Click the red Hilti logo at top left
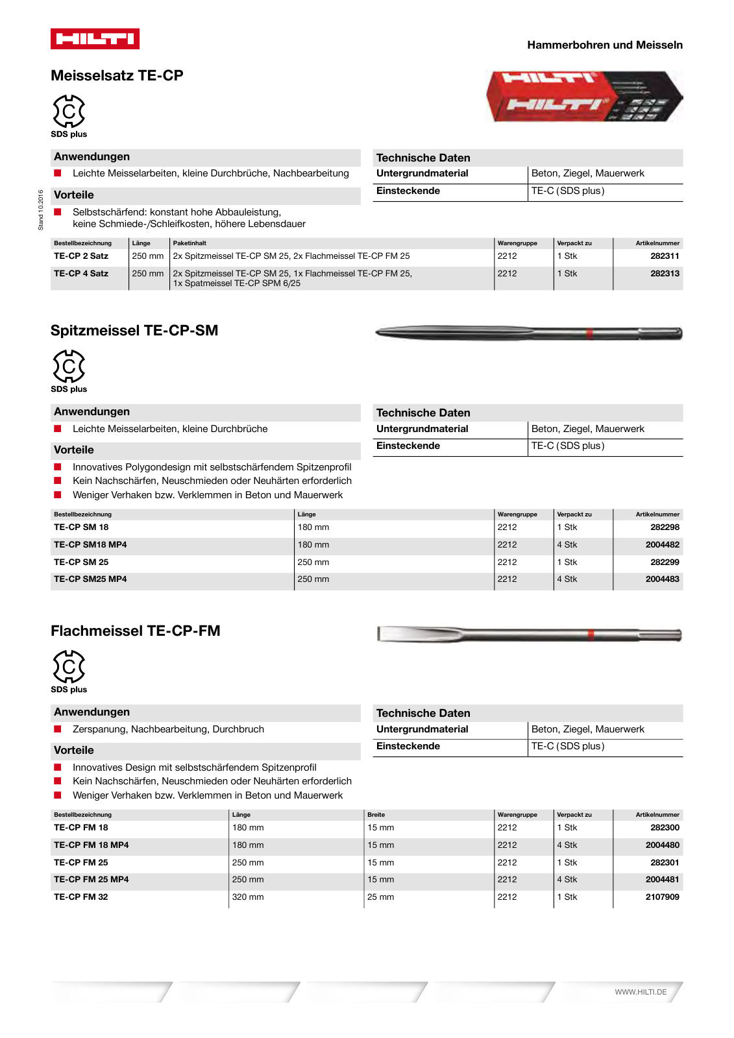click(95, 39)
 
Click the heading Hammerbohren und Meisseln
click(604, 45)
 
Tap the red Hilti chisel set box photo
click(584, 97)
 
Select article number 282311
click(665, 256)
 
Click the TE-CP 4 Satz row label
click(81, 274)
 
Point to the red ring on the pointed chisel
click(589, 334)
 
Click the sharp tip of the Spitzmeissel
click(378, 333)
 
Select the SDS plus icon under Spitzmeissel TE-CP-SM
click(69, 367)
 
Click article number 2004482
click(662, 545)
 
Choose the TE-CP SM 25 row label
click(81, 562)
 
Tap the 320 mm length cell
click(248, 897)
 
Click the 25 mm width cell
click(381, 897)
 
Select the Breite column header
click(376, 815)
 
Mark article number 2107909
click(662, 897)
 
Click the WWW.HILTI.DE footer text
click(641, 992)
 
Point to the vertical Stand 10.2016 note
click(41, 210)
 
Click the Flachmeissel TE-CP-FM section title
click(136, 631)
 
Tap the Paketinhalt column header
click(190, 243)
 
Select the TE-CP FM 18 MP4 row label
click(92, 845)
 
